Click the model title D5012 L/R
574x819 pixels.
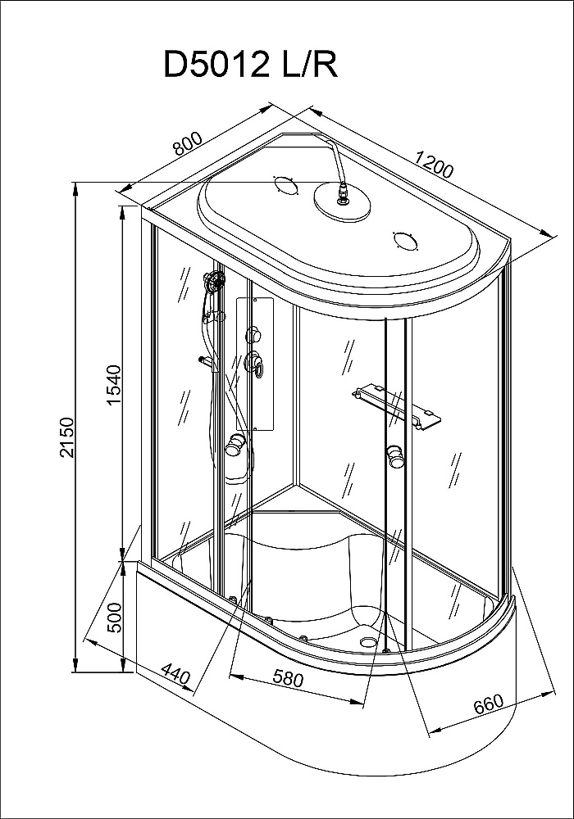(251, 64)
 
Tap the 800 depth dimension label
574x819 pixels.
(188, 143)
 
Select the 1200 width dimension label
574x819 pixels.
(434, 164)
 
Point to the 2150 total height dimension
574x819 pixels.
(68, 437)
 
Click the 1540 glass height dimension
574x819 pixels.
(113, 384)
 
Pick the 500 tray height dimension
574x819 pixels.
(113, 618)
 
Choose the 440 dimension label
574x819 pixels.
(175, 674)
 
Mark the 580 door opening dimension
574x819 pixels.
(288, 678)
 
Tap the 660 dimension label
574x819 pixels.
(488, 704)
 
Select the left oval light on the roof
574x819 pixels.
(284, 185)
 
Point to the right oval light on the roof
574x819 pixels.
(406, 241)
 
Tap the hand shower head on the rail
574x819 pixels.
(214, 282)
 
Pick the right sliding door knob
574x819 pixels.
(396, 455)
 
